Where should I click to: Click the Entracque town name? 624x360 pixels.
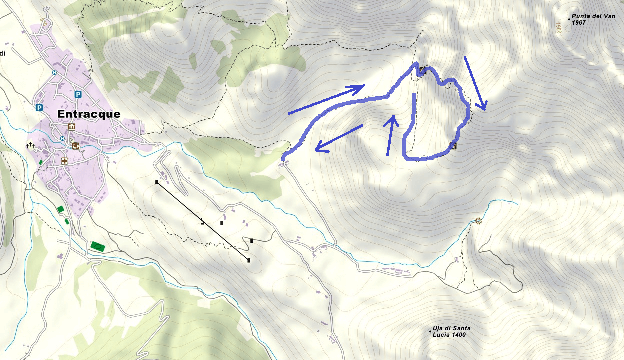click(89, 114)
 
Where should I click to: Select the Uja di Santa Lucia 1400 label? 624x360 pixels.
click(451, 331)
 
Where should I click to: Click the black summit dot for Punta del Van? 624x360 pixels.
click(569, 19)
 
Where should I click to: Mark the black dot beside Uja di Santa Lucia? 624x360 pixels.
click(430, 331)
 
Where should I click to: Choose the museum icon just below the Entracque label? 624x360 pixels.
click(71, 126)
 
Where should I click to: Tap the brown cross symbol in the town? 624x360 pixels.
click(64, 161)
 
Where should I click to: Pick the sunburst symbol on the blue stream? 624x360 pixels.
click(479, 220)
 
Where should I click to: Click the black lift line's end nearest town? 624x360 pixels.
click(157, 182)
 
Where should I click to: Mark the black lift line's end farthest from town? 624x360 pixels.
click(249, 260)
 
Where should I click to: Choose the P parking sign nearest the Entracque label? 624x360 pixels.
click(78, 94)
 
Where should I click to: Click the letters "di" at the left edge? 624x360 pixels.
click(3, 53)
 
